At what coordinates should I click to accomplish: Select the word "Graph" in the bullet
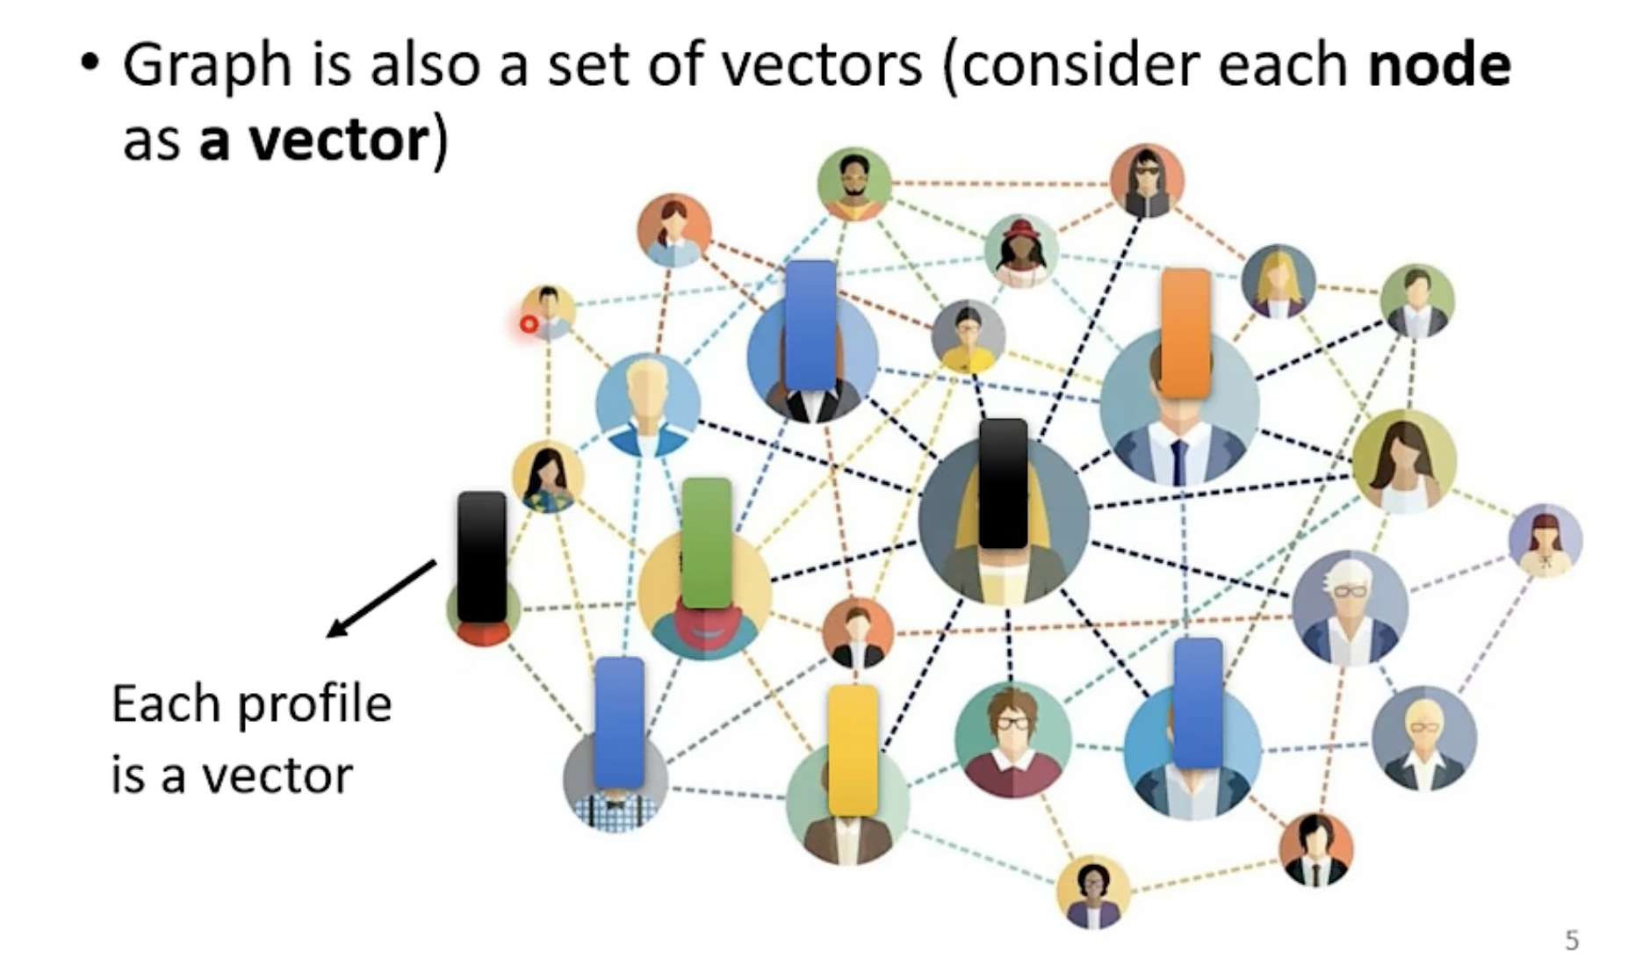(206, 66)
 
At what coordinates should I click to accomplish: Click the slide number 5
(1572, 940)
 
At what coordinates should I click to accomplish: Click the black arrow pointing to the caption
(381, 598)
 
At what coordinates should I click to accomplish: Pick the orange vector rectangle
(1185, 333)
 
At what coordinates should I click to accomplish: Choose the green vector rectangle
(706, 543)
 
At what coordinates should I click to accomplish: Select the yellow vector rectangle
(852, 751)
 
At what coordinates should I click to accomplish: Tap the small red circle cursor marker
(529, 324)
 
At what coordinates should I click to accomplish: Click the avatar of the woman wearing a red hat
(1020, 250)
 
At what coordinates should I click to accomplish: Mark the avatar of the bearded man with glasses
(854, 184)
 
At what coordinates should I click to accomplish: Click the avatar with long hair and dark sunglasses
(1146, 181)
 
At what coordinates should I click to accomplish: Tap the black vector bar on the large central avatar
(1003, 484)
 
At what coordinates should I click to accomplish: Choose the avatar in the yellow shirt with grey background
(968, 337)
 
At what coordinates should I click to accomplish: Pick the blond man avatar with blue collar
(647, 405)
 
